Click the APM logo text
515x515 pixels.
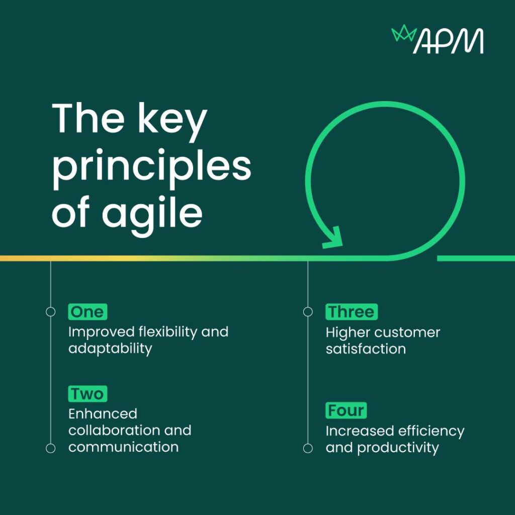448,41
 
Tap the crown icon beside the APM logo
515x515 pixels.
404,33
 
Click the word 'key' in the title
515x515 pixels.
173,120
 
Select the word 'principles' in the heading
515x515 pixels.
152,167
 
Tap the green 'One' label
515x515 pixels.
88,312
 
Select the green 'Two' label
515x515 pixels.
88,394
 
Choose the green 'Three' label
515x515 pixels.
352,312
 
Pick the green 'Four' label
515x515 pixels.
346,410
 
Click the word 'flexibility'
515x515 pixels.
167,331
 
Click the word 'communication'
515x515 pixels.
124,447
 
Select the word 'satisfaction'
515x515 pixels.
366,349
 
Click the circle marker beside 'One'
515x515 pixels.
51,312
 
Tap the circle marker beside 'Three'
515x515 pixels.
308,312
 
